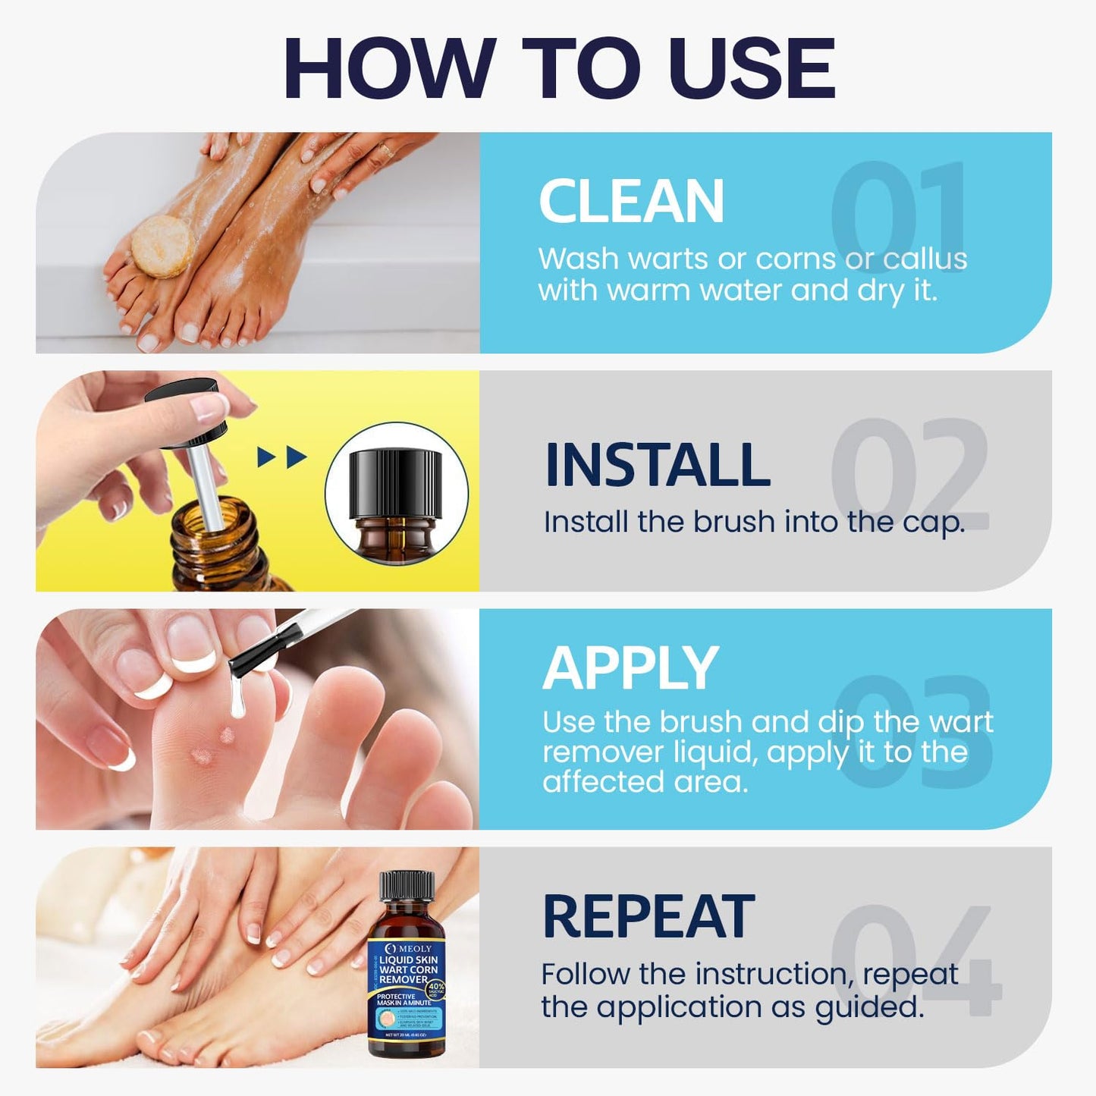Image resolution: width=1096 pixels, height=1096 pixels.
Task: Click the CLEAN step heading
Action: [631, 202]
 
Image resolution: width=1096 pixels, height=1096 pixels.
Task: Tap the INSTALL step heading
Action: [657, 465]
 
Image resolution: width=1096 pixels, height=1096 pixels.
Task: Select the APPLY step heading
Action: [630, 668]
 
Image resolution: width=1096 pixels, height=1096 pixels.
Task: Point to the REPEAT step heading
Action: [648, 917]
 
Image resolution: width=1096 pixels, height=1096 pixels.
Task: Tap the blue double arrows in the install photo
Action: [282, 457]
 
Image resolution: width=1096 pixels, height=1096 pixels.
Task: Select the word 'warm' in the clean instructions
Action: [651, 291]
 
